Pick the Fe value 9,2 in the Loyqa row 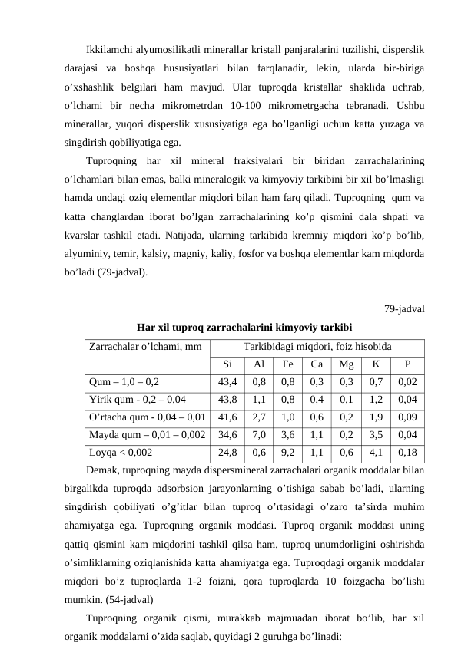click(x=288, y=452)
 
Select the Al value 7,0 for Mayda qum click(x=259, y=434)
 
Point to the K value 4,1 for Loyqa click(x=376, y=452)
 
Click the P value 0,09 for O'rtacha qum click(x=408, y=417)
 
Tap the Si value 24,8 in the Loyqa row click(x=227, y=452)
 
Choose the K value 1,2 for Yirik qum click(x=376, y=399)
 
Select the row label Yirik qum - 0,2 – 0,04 click(x=137, y=399)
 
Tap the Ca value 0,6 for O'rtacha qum click(x=317, y=417)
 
